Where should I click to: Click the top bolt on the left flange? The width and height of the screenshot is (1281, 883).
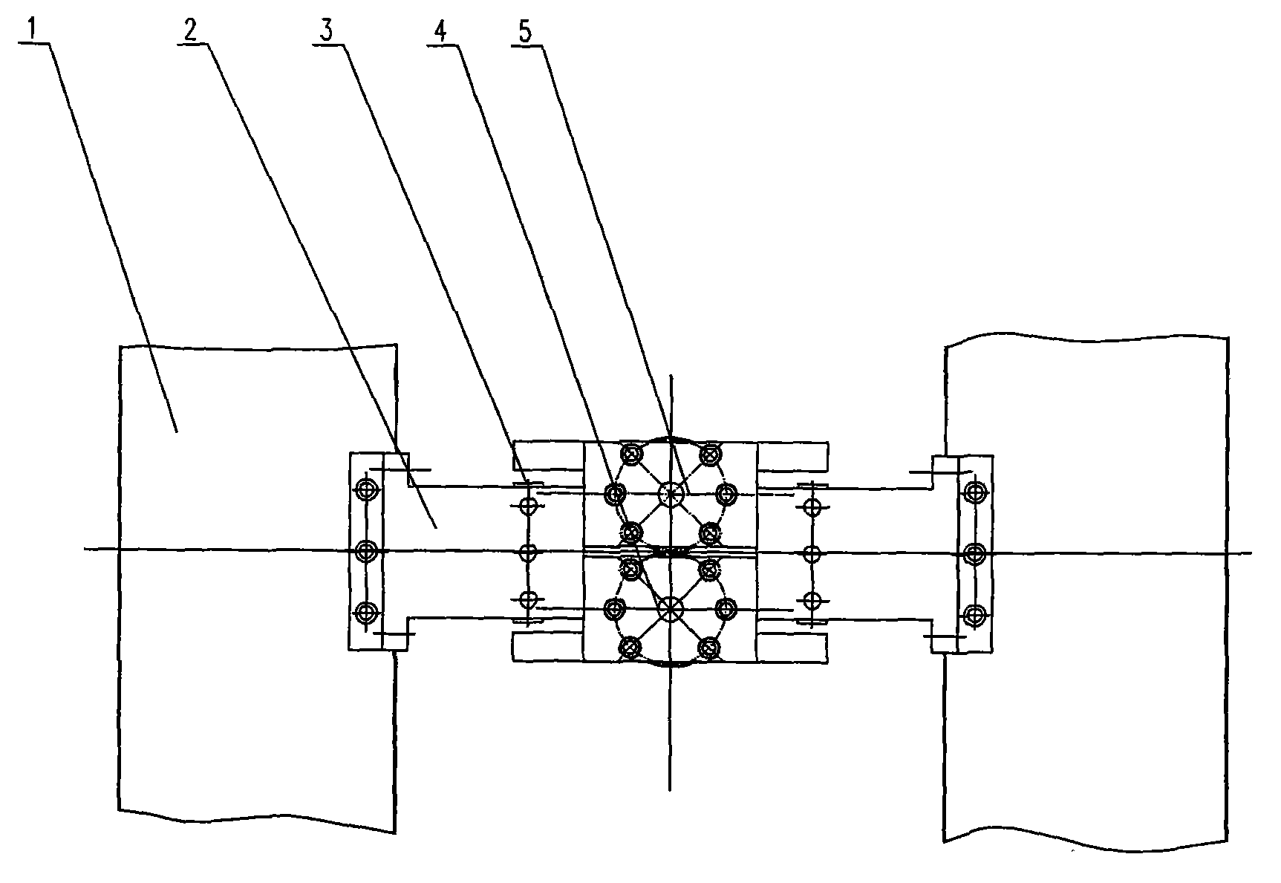(x=365, y=489)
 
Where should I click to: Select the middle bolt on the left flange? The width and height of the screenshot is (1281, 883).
(x=365, y=550)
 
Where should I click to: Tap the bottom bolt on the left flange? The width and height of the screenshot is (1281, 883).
(x=365, y=612)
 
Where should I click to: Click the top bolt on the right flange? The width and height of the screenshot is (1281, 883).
(x=974, y=491)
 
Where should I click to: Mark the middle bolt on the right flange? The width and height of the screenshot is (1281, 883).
(x=974, y=552)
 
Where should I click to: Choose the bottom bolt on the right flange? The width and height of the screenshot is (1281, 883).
(x=974, y=613)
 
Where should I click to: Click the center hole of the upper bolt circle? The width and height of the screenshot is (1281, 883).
(x=671, y=493)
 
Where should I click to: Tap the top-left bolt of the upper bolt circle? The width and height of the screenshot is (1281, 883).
(x=632, y=453)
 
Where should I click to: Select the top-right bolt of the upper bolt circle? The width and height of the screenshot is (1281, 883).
(x=711, y=452)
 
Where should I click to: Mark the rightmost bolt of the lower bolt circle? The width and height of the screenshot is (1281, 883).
(x=726, y=609)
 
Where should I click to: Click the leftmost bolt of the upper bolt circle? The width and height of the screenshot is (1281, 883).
(x=614, y=492)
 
